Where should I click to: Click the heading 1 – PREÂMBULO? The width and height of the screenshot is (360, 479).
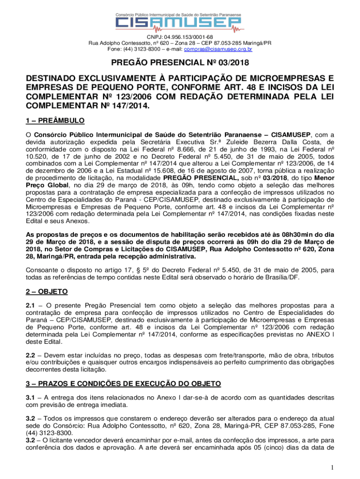55,121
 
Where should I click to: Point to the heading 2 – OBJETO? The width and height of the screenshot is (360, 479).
47,291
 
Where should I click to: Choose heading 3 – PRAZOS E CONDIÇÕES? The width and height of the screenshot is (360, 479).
123,384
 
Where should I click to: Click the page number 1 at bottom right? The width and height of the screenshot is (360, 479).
331,467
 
